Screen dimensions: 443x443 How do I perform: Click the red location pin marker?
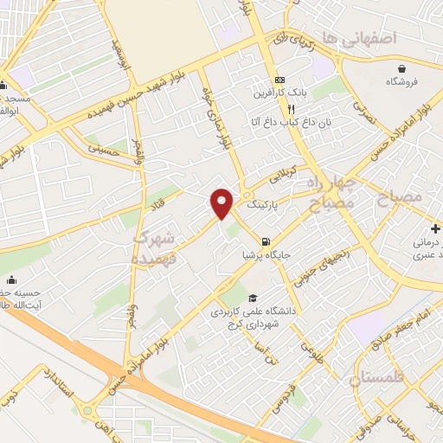[x=222, y=202]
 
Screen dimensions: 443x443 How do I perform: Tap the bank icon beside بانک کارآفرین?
[x=278, y=76]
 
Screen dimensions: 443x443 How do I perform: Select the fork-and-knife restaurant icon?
[x=292, y=110]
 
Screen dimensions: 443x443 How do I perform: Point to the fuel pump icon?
[x=264, y=241]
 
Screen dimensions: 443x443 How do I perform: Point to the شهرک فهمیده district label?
[x=156, y=235]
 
